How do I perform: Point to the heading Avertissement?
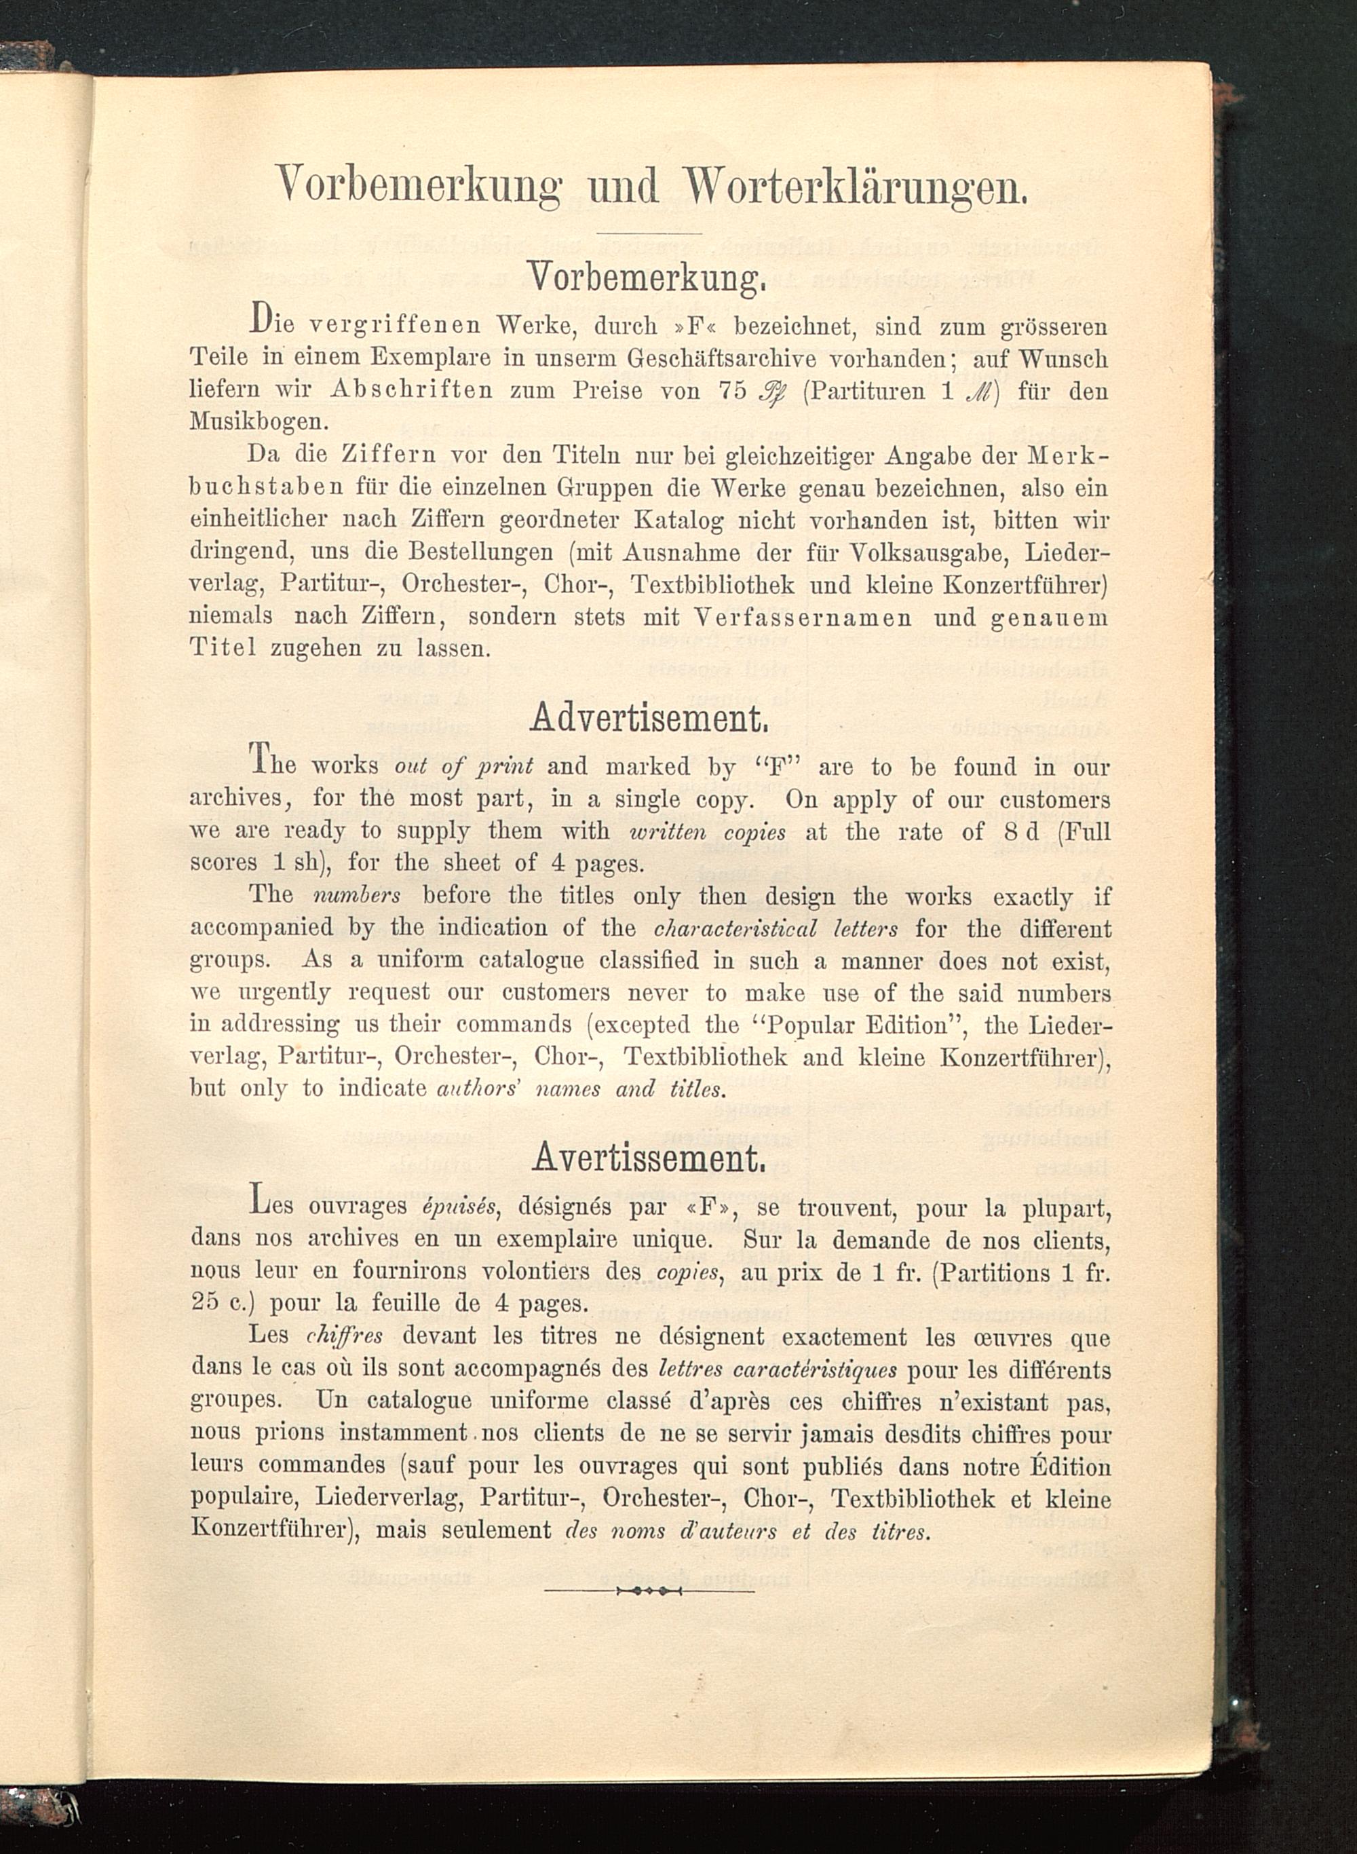[649, 1158]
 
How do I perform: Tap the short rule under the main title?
[648, 233]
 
